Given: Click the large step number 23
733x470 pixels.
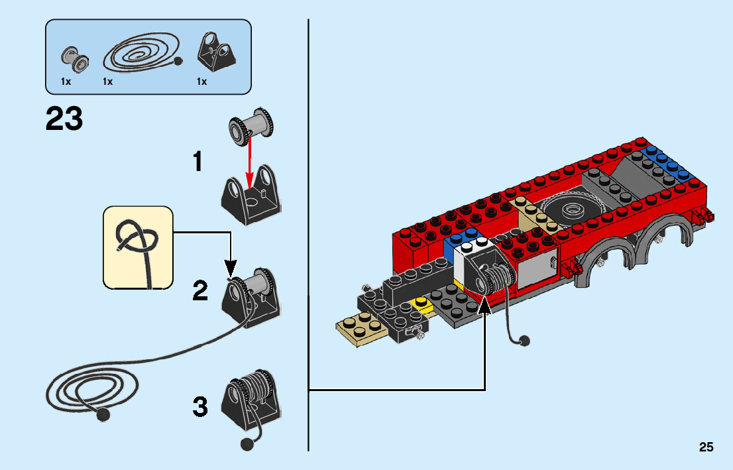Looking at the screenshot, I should coord(64,120).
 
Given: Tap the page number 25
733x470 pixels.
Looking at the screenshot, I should coord(706,447).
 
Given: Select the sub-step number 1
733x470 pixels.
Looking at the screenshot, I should coord(197,162).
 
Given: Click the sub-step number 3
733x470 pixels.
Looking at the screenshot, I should coord(200,406).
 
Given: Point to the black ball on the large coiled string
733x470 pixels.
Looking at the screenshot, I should coord(103,415).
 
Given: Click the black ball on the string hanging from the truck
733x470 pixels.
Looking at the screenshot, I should coord(524,341).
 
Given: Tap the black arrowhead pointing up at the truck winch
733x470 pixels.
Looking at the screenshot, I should coord(485,305).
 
